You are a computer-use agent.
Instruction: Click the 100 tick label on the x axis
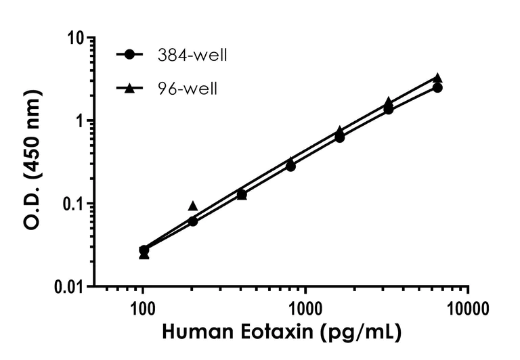[143, 310]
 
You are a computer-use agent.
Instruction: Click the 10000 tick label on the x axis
[468, 310]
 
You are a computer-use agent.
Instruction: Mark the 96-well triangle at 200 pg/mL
[193, 206]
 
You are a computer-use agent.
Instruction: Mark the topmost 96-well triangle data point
[437, 78]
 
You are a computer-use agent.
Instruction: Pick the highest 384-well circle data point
[437, 88]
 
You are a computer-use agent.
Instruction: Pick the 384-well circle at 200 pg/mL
[193, 221]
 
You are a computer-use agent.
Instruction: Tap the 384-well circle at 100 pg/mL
[144, 250]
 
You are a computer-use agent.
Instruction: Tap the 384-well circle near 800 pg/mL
[290, 166]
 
